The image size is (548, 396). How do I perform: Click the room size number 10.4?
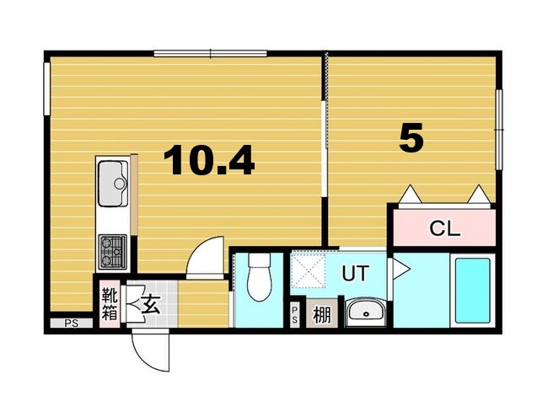(208, 160)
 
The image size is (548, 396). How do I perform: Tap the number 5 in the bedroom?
(411, 138)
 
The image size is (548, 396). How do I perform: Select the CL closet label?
(444, 229)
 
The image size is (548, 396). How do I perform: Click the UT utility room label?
(355, 273)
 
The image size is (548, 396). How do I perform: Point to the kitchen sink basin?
(113, 183)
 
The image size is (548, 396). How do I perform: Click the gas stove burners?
(112, 251)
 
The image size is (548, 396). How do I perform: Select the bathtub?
(472, 290)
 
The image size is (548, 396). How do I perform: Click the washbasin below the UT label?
(365, 312)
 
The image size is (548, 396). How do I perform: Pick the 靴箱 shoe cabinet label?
(110, 304)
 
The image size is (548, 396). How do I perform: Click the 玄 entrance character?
(151, 304)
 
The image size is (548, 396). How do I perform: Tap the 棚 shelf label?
(321, 314)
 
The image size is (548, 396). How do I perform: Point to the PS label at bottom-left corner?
(72, 324)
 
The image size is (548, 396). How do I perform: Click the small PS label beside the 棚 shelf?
(294, 314)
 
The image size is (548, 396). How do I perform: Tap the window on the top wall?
(211, 53)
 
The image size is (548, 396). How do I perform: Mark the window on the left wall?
(46, 88)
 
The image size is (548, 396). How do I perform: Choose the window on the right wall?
(499, 130)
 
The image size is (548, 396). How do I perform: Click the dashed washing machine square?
(308, 270)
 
